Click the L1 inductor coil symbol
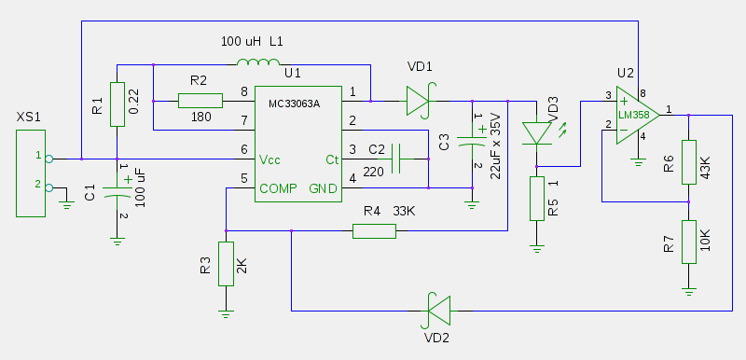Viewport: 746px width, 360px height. (x=258, y=62)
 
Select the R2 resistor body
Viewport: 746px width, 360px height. (x=200, y=101)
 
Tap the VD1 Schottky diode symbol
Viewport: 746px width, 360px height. (x=418, y=101)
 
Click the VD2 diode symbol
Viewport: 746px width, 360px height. (x=438, y=311)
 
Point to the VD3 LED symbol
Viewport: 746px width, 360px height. (x=537, y=133)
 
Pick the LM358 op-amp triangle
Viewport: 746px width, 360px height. (x=638, y=115)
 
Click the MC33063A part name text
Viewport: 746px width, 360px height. (x=294, y=104)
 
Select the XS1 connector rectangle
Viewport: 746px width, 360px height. (x=31, y=173)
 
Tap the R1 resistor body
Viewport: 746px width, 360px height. (x=117, y=104)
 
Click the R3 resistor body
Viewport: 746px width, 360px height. (x=226, y=263)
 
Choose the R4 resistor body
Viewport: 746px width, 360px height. (x=374, y=231)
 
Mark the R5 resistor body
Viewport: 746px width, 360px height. (x=537, y=199)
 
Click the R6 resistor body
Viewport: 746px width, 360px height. (x=689, y=161)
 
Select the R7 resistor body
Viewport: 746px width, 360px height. (x=689, y=242)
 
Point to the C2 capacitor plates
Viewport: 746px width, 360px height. (x=395, y=159)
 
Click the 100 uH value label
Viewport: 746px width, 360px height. (x=242, y=42)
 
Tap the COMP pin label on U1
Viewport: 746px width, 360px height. (x=278, y=188)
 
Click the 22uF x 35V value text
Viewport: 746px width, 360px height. (x=495, y=146)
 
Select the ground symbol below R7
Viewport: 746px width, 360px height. (x=689, y=291)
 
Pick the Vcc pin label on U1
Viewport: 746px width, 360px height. (x=269, y=159)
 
